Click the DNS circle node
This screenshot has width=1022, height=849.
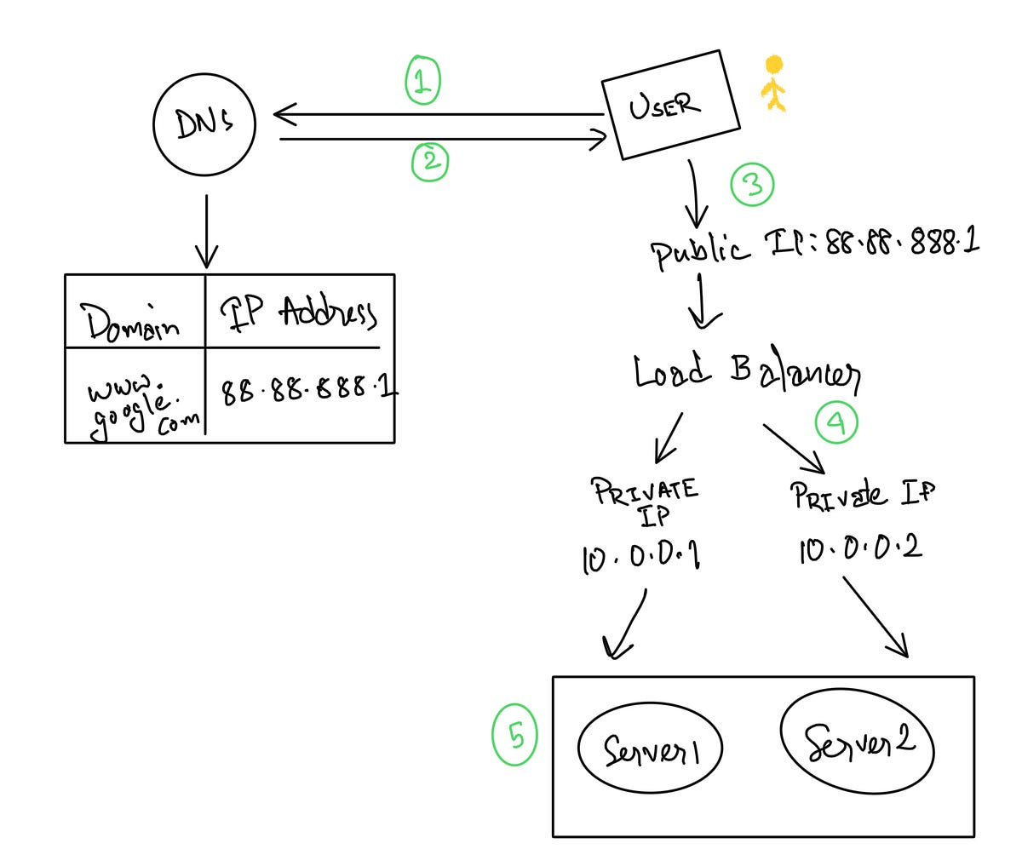(x=204, y=125)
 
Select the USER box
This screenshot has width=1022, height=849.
(x=670, y=105)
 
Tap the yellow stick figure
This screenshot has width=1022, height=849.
(x=773, y=84)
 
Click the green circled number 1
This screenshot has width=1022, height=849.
(x=422, y=81)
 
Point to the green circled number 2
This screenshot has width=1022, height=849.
(x=430, y=162)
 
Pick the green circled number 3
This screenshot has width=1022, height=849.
(x=753, y=185)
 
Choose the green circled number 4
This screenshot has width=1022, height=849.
(x=836, y=422)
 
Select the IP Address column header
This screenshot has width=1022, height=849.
(x=299, y=314)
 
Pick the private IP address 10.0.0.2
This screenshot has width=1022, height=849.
(x=860, y=548)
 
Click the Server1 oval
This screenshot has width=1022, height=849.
(x=650, y=749)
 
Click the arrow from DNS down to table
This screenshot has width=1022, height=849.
(x=205, y=231)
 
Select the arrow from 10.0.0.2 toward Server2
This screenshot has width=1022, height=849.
(x=876, y=617)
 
